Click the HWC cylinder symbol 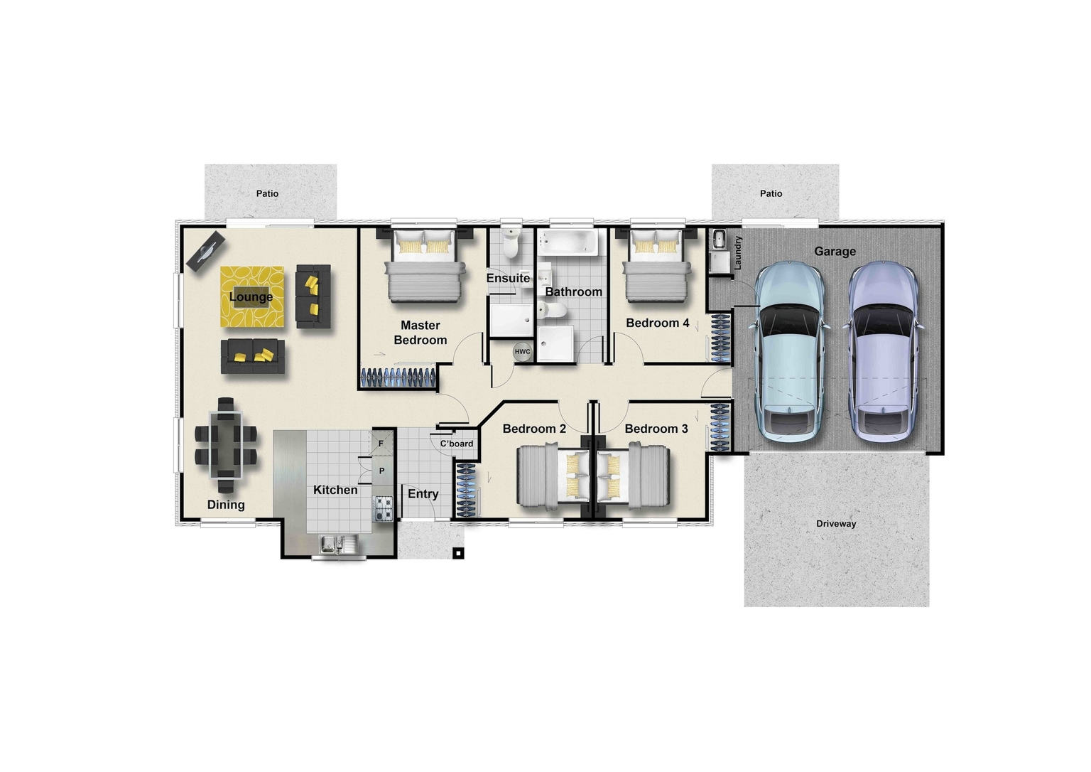(522, 351)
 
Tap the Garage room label (835, 251)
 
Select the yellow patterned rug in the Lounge (252, 297)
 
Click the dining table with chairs (224, 445)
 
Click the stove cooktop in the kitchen (384, 508)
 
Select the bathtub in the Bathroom (568, 242)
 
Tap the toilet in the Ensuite (511, 244)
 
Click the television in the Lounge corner (206, 250)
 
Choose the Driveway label (836, 524)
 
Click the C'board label (456, 444)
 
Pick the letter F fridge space (381, 444)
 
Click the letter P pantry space (381, 471)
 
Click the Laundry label (737, 252)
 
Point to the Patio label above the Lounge (267, 193)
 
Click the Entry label (423, 494)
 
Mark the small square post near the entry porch (459, 552)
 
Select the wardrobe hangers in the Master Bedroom (398, 377)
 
